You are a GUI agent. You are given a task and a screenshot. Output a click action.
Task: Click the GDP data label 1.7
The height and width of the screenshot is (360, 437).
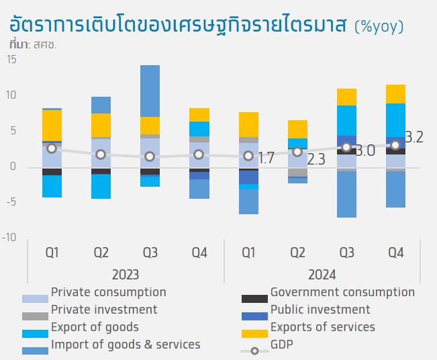coord(266,159)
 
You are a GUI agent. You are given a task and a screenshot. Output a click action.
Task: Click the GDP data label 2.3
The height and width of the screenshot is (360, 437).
coord(315,160)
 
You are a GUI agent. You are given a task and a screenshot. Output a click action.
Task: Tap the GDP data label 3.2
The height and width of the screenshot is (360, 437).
coord(414,138)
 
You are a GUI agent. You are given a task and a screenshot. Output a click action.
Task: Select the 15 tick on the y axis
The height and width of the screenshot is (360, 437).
coord(11,60)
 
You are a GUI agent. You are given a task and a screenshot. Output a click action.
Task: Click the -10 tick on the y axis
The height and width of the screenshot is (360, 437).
coord(9,238)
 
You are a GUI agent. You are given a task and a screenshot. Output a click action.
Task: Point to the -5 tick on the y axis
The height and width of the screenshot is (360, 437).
coord(11,202)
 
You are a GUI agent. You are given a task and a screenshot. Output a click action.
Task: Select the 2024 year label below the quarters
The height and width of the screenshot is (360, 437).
coord(322,274)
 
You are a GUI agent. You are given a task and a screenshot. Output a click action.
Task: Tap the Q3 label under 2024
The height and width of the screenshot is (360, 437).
coord(347,253)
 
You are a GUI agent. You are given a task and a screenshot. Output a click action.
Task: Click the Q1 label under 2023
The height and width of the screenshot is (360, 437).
coord(52,253)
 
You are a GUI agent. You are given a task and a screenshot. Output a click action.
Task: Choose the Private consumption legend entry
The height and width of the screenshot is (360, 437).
coord(108,292)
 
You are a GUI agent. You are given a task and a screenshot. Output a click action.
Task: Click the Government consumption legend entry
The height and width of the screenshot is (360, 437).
coord(342,292)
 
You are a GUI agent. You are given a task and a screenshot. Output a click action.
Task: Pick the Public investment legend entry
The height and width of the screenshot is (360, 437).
coord(320,310)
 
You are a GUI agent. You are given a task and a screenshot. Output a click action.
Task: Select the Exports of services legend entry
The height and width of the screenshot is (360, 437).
coord(323,327)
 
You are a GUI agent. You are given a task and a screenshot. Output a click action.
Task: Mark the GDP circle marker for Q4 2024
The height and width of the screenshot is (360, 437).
coord(396,145)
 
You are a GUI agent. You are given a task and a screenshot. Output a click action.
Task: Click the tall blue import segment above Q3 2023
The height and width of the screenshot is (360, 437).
coord(150,91)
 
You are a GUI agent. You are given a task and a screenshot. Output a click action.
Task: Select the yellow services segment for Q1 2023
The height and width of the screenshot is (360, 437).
coord(52,125)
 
